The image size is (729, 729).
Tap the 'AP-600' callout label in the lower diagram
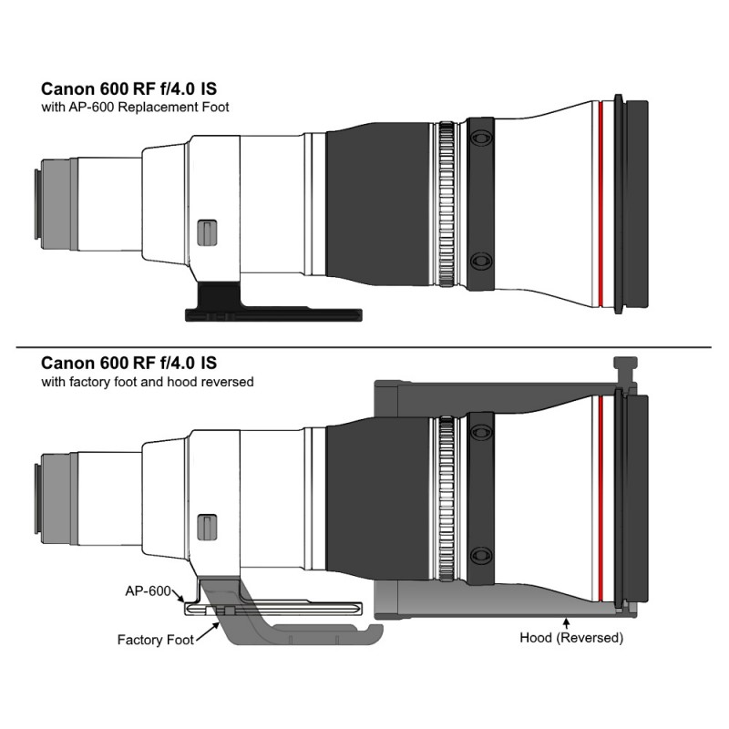[x=148, y=590]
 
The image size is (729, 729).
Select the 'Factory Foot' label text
[x=155, y=640]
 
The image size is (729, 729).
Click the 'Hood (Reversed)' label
[x=571, y=637]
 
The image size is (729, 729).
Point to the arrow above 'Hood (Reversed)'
[x=566, y=623]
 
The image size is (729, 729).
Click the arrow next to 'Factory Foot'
[x=208, y=632]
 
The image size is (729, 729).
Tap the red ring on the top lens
[x=601, y=204]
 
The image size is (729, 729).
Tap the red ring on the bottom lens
[x=601, y=498]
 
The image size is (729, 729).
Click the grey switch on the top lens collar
[x=207, y=232]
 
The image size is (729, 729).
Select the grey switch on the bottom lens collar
[x=207, y=528]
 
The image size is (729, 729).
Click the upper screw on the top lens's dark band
[x=481, y=139]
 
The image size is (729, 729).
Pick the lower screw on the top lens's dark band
[x=481, y=261]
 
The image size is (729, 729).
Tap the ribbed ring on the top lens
[x=447, y=204]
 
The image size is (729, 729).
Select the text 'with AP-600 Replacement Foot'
[x=135, y=107]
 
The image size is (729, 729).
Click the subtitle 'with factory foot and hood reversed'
[x=148, y=382]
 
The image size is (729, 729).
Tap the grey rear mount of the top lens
[x=56, y=204]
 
